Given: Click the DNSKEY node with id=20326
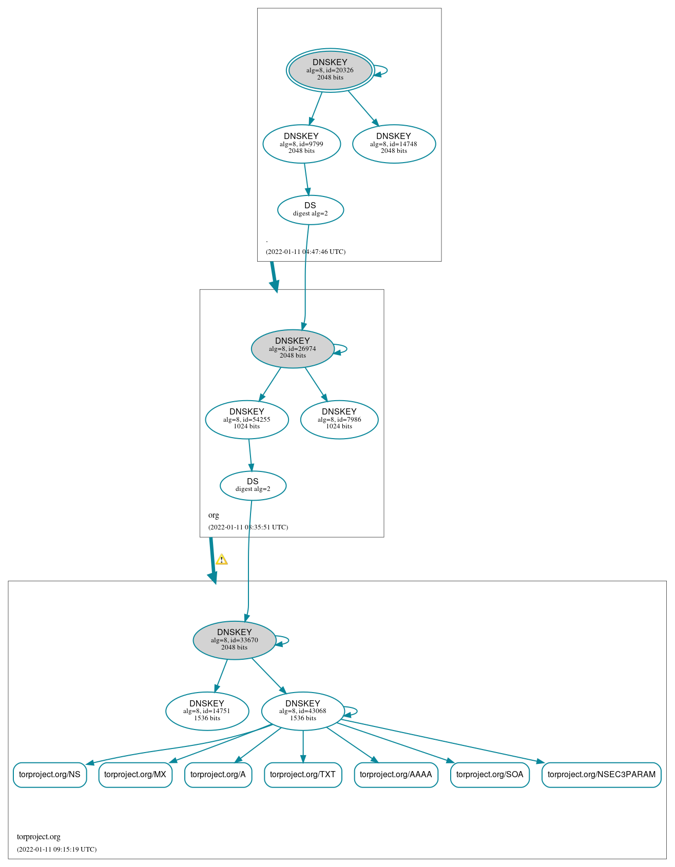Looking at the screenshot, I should point(330,70).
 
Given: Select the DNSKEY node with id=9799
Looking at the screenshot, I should point(301,144).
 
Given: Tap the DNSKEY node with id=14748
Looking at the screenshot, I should point(394,144).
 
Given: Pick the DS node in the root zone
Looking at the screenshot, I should point(310,210).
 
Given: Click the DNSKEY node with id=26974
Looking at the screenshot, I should point(293,349).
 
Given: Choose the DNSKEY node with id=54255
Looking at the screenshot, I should point(247,420).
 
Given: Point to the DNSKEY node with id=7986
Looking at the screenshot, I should point(339,420).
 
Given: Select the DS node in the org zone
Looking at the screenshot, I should point(253,485).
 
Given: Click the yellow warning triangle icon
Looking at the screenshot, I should point(221,560).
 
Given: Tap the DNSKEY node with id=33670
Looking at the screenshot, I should point(235,640).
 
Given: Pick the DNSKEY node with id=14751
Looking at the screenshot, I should point(207,711).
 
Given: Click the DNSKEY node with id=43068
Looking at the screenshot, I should point(303,711).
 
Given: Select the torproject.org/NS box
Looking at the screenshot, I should point(50,775).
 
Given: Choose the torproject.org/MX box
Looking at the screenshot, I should point(135,775).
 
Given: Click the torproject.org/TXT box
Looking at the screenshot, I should point(303,775).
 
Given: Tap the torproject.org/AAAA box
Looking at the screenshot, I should point(396,775).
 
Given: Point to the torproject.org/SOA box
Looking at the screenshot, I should point(490,775).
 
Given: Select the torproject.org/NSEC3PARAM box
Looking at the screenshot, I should point(601,775).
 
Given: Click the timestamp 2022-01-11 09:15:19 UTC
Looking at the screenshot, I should point(56,850).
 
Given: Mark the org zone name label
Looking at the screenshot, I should point(214,515).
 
